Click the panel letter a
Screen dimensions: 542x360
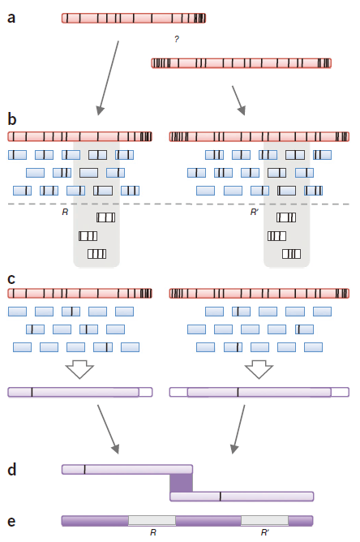coord(11,17)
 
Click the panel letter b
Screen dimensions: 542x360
coord(11,119)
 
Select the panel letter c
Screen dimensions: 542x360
coord(11,279)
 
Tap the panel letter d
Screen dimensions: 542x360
coord(11,470)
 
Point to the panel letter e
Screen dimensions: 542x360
coord(11,521)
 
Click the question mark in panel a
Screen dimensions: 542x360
coord(177,40)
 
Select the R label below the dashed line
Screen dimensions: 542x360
coord(65,212)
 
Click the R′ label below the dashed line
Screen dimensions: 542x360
coord(255,212)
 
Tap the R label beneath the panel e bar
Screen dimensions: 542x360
coord(152,533)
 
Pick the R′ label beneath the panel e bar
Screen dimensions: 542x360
coord(265,533)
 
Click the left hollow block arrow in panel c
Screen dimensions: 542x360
coord(79,370)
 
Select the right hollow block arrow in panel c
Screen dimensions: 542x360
coord(259,370)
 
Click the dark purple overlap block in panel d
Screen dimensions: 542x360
coord(181,482)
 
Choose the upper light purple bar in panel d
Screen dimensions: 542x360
coord(126,469)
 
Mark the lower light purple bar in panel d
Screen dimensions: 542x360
coord(241,496)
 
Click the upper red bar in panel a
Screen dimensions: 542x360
coord(134,18)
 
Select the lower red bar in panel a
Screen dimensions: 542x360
coord(241,62)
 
